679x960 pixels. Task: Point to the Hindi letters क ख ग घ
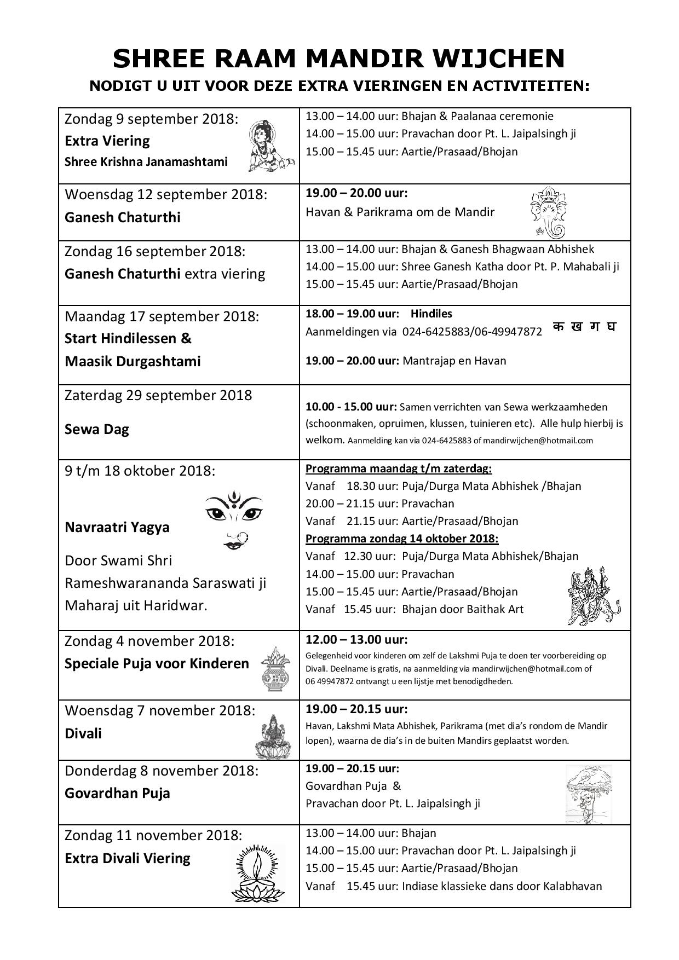pyautogui.click(x=585, y=327)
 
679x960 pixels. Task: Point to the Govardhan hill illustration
pyautogui.click(x=588, y=793)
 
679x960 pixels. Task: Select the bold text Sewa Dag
pyautogui.click(x=96, y=429)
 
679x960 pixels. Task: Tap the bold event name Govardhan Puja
pyautogui.click(x=117, y=793)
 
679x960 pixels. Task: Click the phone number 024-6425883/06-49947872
pyautogui.click(x=472, y=331)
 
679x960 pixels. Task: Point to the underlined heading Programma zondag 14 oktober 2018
pyautogui.click(x=401, y=539)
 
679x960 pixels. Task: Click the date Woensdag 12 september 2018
pyautogui.click(x=166, y=195)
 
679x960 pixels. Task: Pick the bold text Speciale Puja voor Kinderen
pyautogui.click(x=157, y=663)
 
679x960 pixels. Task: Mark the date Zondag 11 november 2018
pyautogui.click(x=153, y=836)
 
